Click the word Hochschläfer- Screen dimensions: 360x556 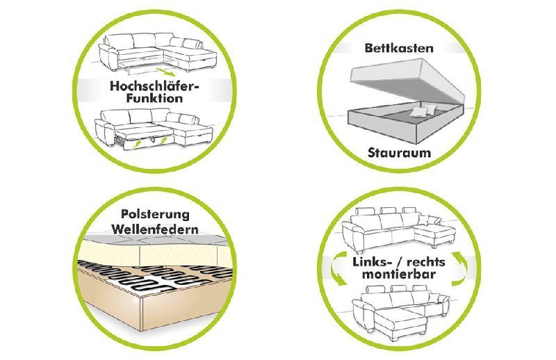154,86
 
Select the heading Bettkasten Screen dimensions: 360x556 399,49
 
